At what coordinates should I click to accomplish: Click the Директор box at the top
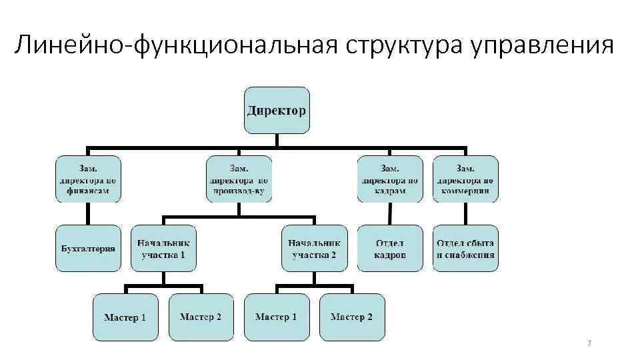pos(277,110)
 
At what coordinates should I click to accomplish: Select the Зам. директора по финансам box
pos(88,179)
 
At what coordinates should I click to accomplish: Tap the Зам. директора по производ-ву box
pos(239,179)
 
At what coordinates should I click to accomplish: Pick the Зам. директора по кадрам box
pos(390,179)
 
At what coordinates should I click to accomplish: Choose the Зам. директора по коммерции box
pos(466,179)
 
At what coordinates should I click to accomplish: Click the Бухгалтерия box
pos(88,248)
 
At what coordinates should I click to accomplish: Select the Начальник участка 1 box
pos(163,248)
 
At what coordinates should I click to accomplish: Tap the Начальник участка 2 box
pos(315,248)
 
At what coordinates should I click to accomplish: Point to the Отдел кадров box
pos(390,248)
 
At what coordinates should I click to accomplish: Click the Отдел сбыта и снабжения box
pos(466,248)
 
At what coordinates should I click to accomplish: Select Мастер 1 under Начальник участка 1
pos(125,317)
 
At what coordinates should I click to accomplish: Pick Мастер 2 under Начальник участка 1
pos(201,317)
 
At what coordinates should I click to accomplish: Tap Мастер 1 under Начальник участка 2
pos(277,317)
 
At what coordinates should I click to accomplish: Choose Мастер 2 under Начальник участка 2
pos(352,317)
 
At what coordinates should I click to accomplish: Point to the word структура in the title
pos(399,45)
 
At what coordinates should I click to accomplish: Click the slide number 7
pos(589,343)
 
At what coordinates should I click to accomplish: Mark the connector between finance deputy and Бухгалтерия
pos(88,213)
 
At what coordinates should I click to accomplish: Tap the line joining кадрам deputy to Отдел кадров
pos(390,213)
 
